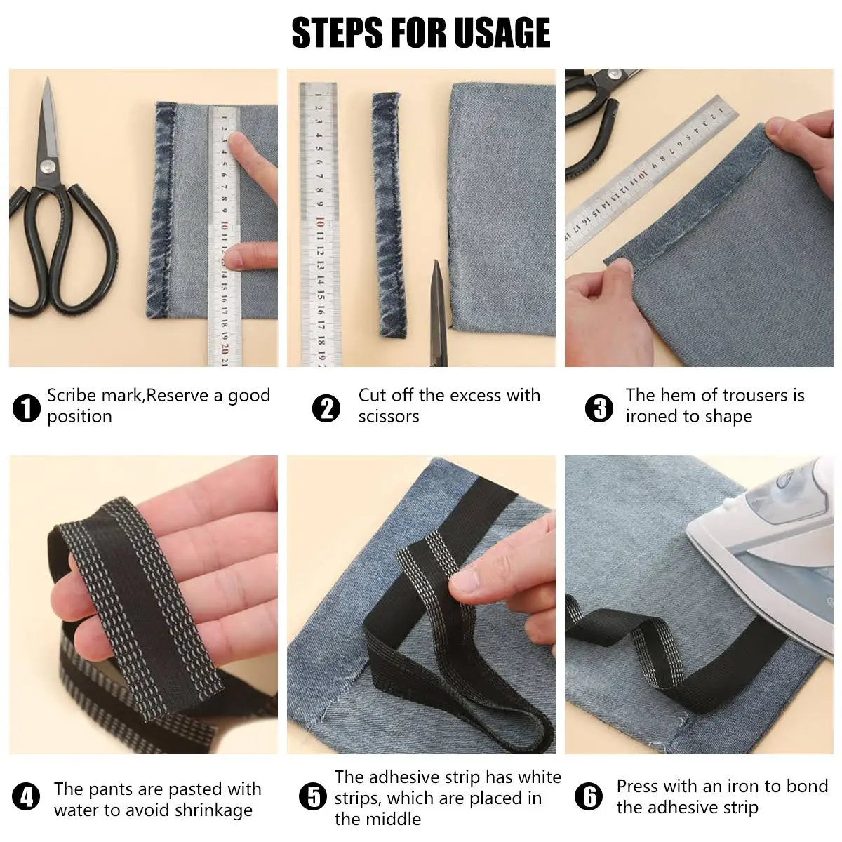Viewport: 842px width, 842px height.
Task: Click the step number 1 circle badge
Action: coord(27,408)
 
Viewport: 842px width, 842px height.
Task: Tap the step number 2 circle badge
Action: coord(326,408)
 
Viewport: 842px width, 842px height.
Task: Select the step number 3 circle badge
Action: coord(599,408)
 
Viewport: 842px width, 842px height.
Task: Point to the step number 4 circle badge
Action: coord(27,797)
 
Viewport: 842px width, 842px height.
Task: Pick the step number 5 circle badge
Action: coord(312,797)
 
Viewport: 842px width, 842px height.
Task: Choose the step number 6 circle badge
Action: coord(588,797)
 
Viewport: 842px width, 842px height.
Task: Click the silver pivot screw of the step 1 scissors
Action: coord(47,166)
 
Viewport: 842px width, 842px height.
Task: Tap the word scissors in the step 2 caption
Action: coord(389,417)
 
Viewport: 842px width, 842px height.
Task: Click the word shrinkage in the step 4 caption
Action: coord(213,810)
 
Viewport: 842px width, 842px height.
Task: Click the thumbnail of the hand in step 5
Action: coord(464,580)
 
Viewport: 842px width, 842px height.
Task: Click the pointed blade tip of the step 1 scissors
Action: coord(48,80)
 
